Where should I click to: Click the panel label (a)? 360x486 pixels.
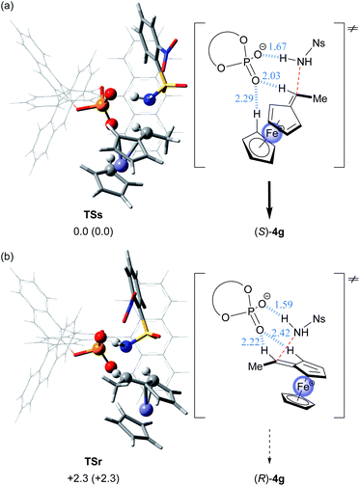coord(9,9)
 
